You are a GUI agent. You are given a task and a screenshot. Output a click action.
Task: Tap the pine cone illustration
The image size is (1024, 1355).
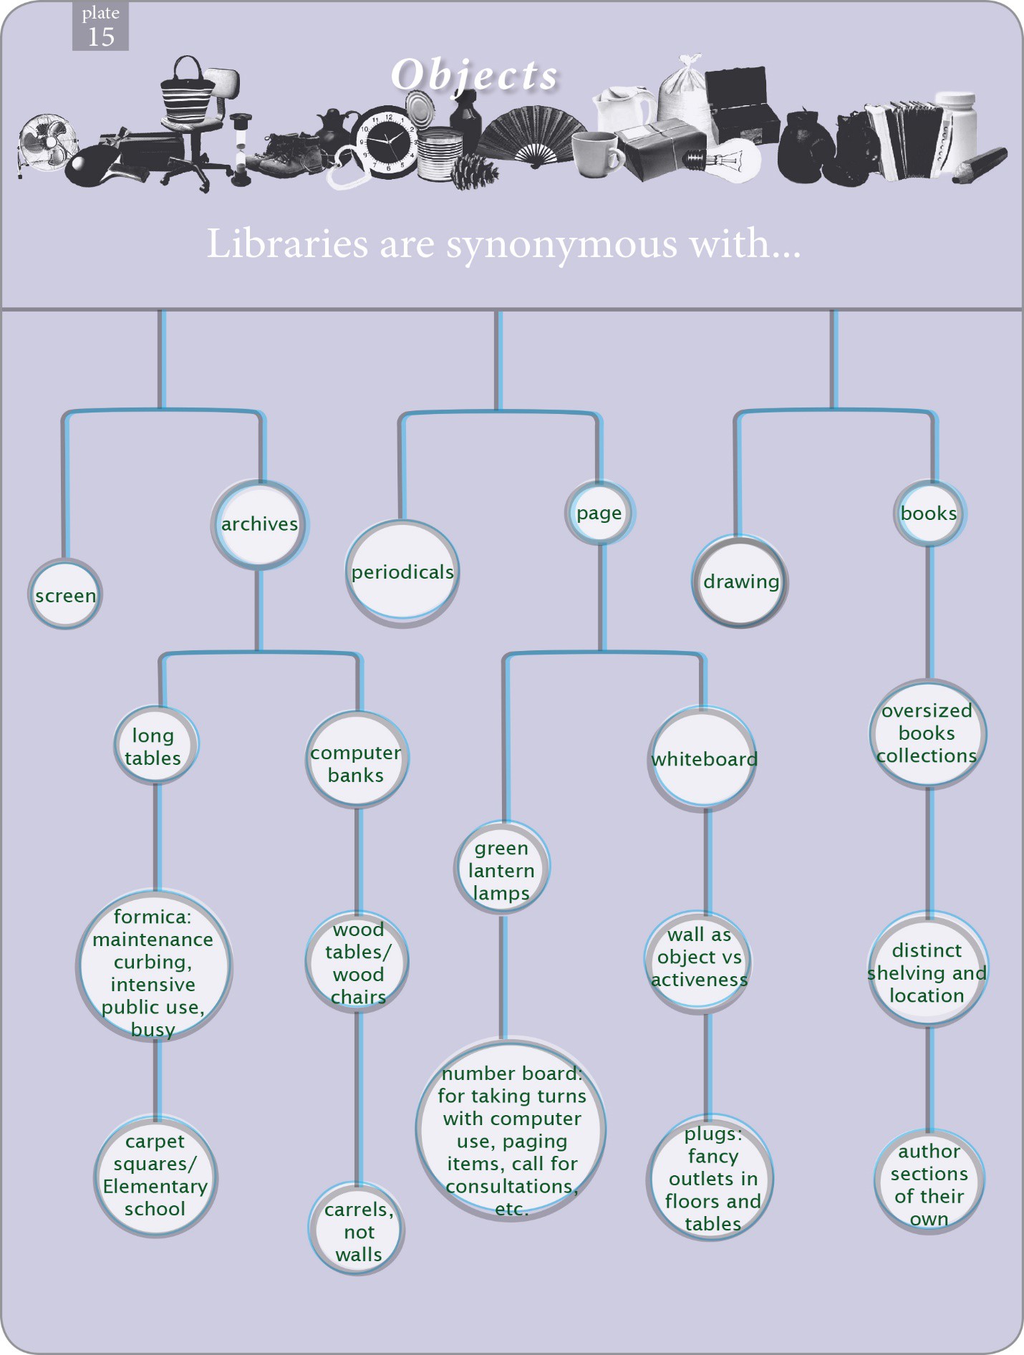pos(474,170)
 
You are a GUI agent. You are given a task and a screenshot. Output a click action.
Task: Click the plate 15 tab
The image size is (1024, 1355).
pos(100,26)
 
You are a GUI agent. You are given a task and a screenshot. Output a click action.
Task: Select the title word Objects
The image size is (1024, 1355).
pos(474,74)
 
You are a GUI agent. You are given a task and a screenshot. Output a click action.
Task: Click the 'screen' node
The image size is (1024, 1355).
pos(65,595)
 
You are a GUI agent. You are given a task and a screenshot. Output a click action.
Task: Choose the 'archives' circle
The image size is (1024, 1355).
pos(259,524)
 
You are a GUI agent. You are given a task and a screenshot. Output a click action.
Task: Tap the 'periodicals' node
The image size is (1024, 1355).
pos(402,572)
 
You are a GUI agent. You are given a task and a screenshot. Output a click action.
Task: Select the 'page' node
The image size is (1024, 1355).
pos(599,513)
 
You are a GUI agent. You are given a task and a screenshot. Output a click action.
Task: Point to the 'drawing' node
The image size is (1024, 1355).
pos(740,582)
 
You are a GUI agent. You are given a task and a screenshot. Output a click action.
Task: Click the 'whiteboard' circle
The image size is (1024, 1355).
pos(704,759)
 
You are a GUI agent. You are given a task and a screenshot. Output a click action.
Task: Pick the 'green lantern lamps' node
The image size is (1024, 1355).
pos(501,870)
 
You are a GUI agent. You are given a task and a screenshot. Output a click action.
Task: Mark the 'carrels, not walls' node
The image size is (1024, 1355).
pos(358,1232)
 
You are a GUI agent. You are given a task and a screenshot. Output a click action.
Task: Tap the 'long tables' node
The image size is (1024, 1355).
pos(154,746)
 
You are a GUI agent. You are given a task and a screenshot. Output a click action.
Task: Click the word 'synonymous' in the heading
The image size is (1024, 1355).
pos(561,244)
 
